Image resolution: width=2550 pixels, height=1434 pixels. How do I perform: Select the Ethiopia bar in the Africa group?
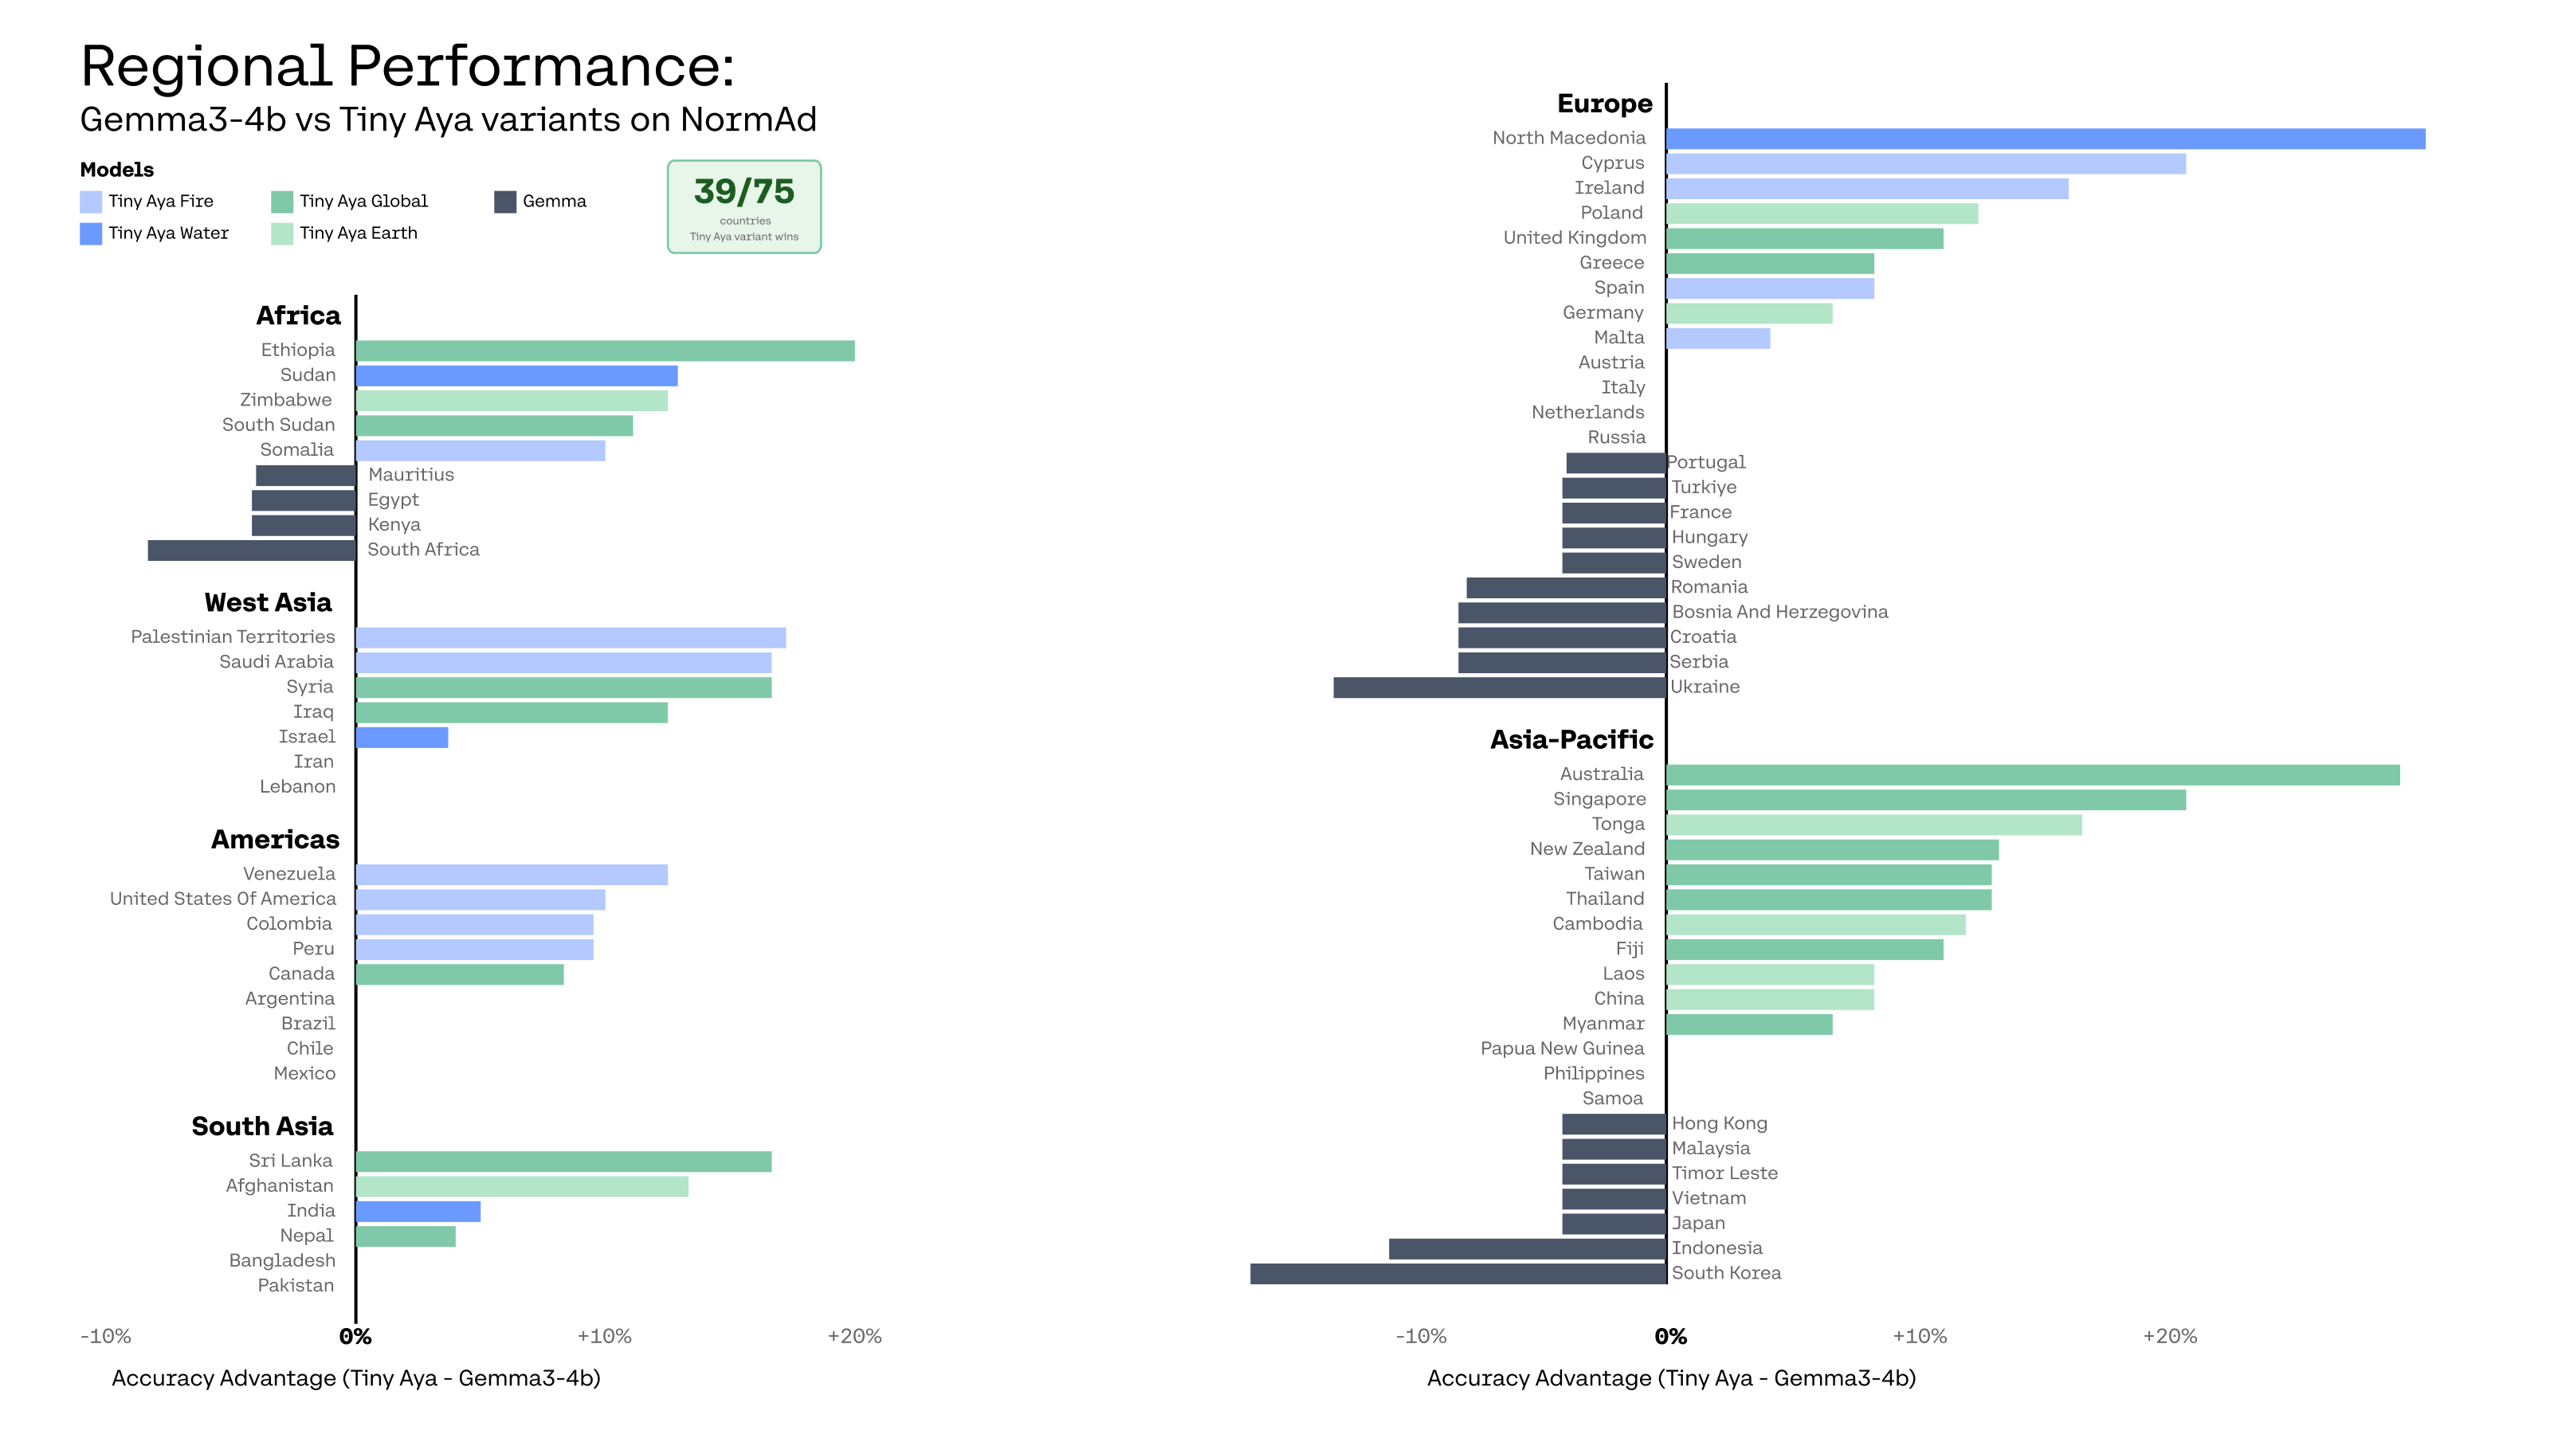[605, 351]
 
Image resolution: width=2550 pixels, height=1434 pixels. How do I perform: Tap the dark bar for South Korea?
[1458, 1274]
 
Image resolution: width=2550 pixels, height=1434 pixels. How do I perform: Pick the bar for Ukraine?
[1500, 687]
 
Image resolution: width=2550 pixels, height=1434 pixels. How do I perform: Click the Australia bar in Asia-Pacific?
[2034, 775]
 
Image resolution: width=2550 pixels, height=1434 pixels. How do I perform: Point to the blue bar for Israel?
[402, 737]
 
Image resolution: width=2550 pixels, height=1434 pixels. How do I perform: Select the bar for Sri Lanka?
[563, 1162]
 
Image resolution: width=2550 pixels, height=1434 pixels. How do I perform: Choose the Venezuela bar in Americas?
[512, 875]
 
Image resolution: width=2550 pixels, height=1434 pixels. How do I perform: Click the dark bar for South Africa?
[252, 550]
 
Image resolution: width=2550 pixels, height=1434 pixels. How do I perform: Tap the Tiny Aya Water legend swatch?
[90, 233]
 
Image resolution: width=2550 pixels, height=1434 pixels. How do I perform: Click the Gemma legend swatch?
[505, 202]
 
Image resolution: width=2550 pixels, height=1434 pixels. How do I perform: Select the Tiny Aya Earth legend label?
[359, 233]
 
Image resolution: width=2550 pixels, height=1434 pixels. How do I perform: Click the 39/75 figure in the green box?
[744, 191]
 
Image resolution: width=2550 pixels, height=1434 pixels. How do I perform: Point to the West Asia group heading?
[269, 603]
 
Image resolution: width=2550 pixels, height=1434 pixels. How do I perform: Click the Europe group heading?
[1605, 104]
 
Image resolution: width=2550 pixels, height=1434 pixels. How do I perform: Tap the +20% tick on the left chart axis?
[854, 1337]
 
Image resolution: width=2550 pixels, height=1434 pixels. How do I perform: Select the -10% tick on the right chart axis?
[1421, 1337]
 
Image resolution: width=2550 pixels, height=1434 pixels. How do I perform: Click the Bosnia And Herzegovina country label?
[1780, 613]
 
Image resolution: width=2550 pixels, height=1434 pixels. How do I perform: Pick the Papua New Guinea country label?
[1562, 1049]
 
